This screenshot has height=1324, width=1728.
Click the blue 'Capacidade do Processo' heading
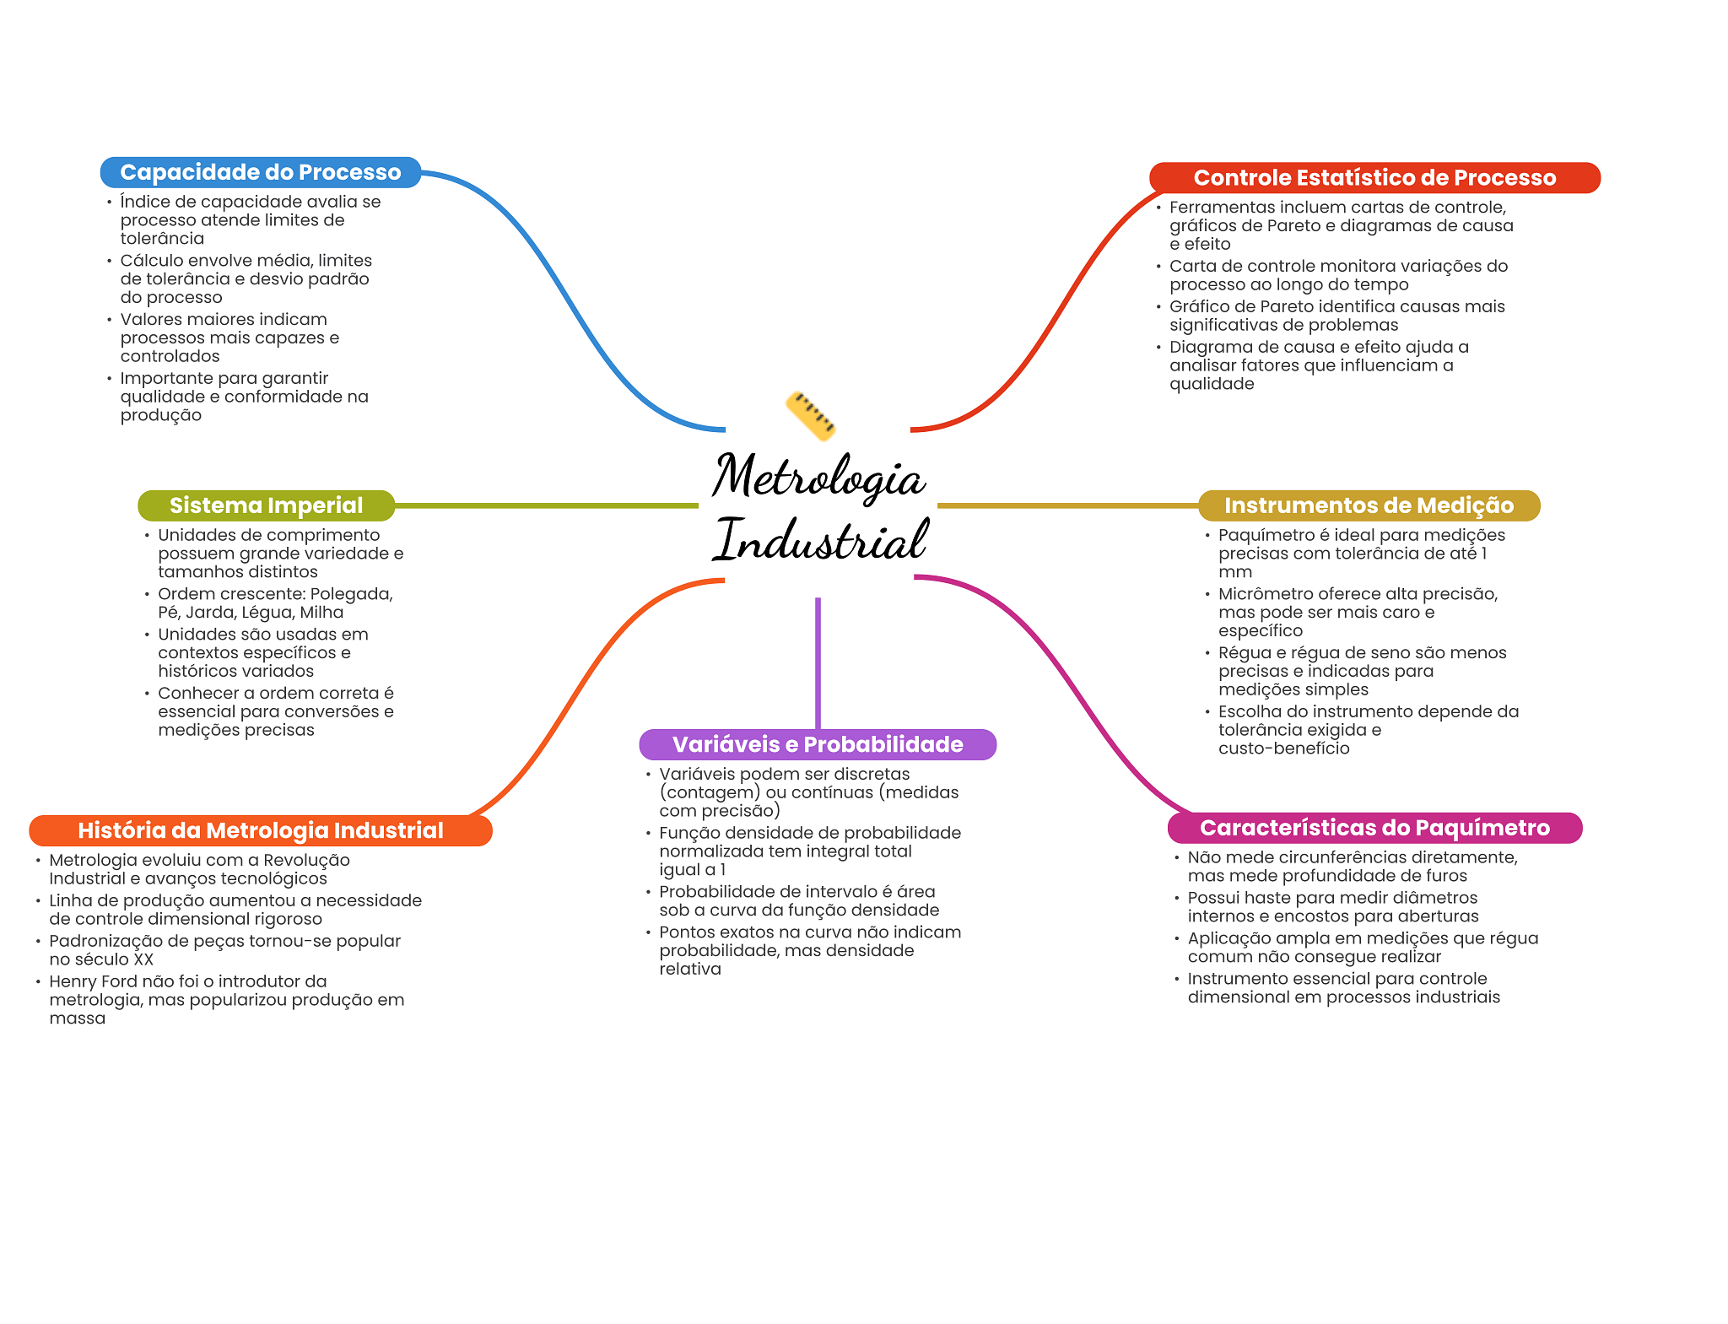[x=260, y=172]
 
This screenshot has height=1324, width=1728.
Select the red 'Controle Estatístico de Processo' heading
[x=1374, y=178]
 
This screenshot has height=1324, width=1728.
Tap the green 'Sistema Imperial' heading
[x=266, y=505]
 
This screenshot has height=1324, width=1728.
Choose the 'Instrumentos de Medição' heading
[x=1369, y=505]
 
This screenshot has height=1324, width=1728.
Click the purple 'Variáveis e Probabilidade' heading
[x=818, y=744]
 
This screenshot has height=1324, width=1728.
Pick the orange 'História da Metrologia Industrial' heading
[x=260, y=830]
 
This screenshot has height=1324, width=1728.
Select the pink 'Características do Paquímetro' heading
[x=1374, y=828]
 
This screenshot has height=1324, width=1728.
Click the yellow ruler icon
[x=811, y=416]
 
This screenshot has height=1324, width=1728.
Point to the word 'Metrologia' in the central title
[x=818, y=477]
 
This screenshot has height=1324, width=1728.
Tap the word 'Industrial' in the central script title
[x=821, y=540]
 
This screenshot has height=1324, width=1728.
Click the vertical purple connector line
[x=818, y=663]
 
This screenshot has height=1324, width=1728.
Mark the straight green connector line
[x=547, y=505]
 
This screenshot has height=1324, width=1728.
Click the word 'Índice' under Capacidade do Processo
[x=145, y=202]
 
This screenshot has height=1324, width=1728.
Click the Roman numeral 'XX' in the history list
[x=143, y=959]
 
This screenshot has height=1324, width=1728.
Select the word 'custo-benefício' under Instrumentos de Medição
[x=1284, y=748]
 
